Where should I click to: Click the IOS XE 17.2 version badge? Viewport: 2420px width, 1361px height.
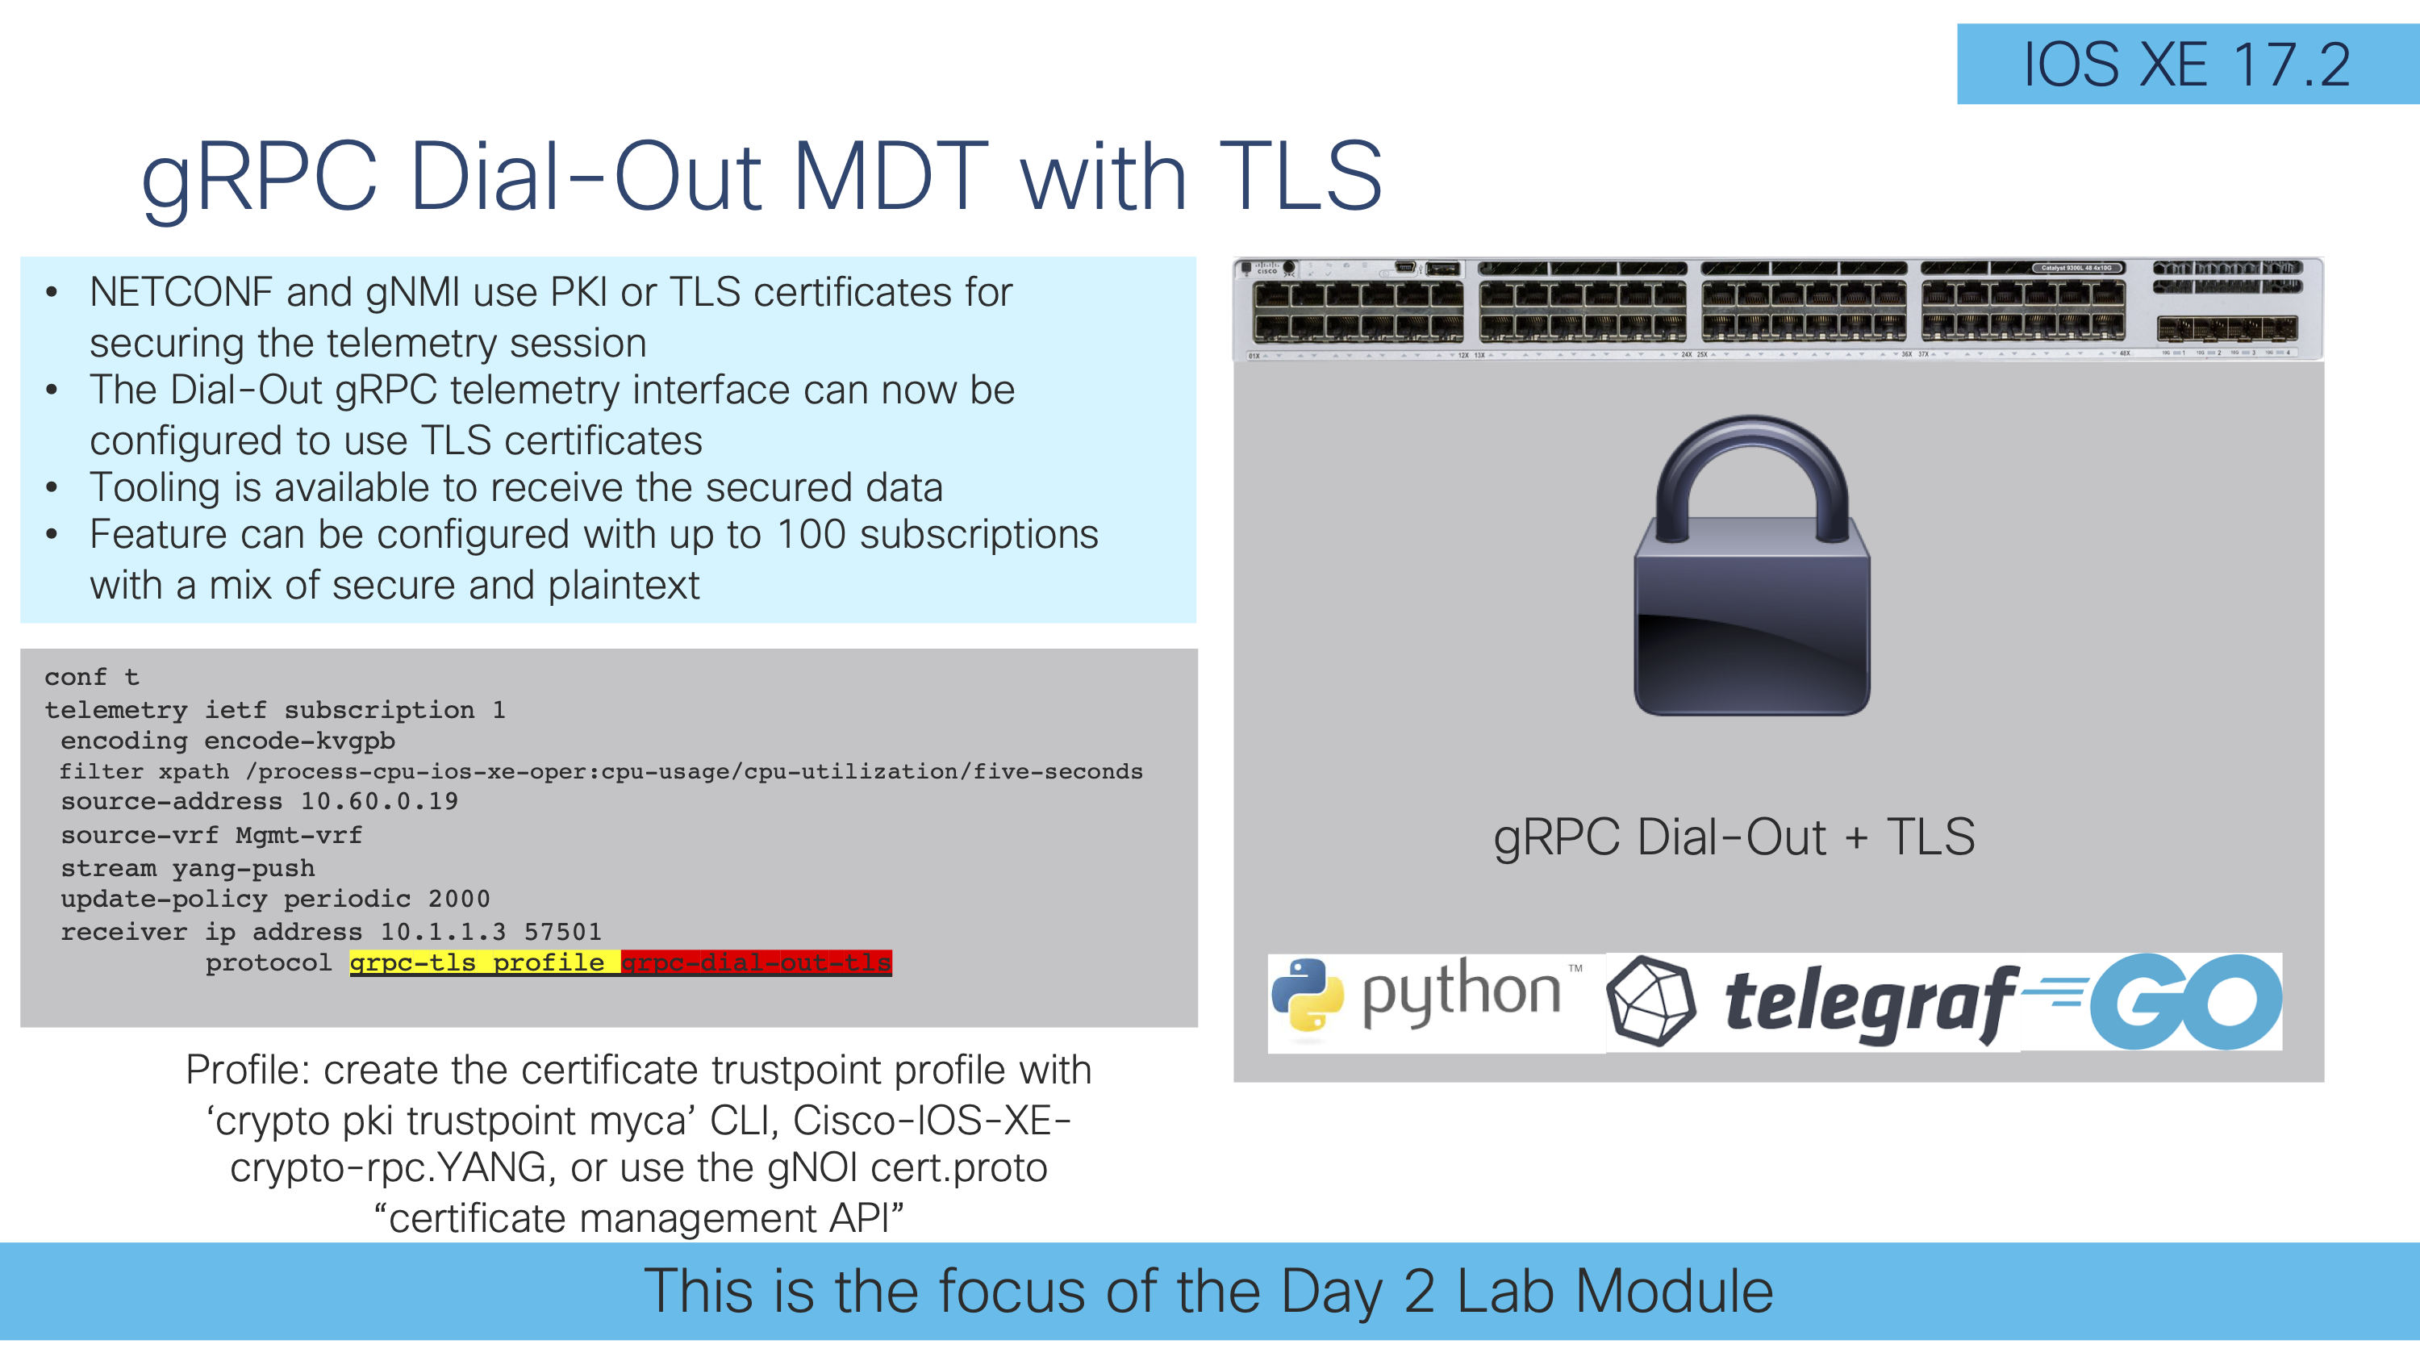click(x=2186, y=65)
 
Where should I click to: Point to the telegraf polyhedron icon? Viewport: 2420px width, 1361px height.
click(x=1650, y=1000)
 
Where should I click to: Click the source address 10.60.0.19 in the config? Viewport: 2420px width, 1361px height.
click(x=378, y=801)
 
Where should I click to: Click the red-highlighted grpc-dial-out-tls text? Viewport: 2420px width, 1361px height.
click(x=757, y=962)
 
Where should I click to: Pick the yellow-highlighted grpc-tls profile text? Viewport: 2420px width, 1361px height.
click(x=484, y=962)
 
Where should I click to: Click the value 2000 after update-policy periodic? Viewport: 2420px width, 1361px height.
click(x=458, y=899)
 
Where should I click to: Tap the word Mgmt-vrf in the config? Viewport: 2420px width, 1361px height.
click(x=298, y=835)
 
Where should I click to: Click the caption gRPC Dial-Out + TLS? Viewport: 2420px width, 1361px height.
click(x=1734, y=836)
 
